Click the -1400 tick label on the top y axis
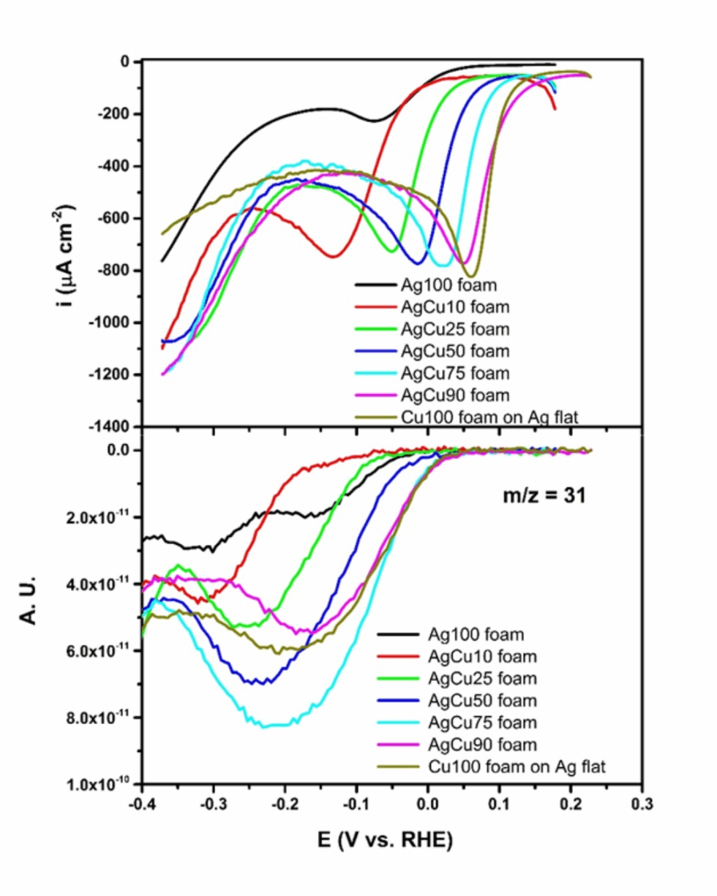(113, 426)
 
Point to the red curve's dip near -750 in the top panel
(334, 256)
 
